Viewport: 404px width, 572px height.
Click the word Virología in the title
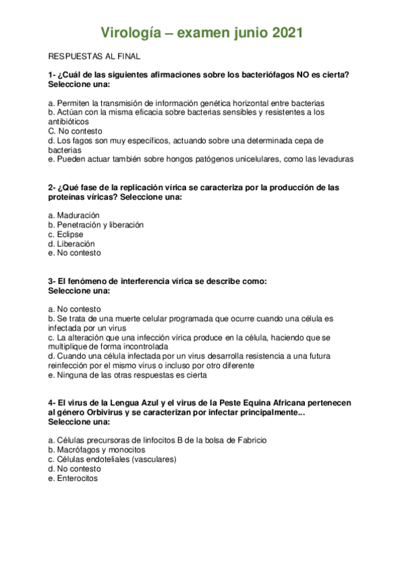129,32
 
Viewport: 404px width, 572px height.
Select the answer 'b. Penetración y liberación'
96,225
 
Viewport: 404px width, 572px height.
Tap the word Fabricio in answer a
250,440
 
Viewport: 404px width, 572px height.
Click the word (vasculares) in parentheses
154,459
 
